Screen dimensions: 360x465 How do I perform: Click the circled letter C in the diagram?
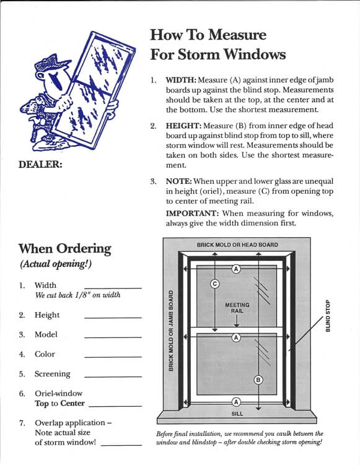[214, 284]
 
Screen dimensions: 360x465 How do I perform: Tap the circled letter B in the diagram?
[258, 380]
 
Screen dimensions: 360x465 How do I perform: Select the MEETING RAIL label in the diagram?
[237, 308]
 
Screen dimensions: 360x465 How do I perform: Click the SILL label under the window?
[237, 414]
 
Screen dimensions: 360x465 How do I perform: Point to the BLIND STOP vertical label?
[328, 316]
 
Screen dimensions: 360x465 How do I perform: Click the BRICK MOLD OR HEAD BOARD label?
[237, 245]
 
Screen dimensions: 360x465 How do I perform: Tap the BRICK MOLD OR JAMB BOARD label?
[170, 331]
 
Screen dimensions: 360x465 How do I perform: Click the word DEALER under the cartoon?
[40, 164]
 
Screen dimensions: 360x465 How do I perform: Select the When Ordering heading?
[64, 249]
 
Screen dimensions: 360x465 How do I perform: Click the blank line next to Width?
[113, 288]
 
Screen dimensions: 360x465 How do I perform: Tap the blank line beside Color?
[113, 357]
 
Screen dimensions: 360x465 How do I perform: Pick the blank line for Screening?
[113, 377]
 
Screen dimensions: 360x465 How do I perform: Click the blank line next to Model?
[113, 337]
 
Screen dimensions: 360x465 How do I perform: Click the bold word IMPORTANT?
[192, 213]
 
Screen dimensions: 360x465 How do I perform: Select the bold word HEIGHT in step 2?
[183, 126]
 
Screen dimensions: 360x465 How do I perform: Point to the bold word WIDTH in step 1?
[181, 80]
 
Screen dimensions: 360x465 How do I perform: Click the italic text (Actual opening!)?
[56, 264]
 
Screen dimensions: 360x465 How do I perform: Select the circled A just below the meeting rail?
[236, 337]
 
